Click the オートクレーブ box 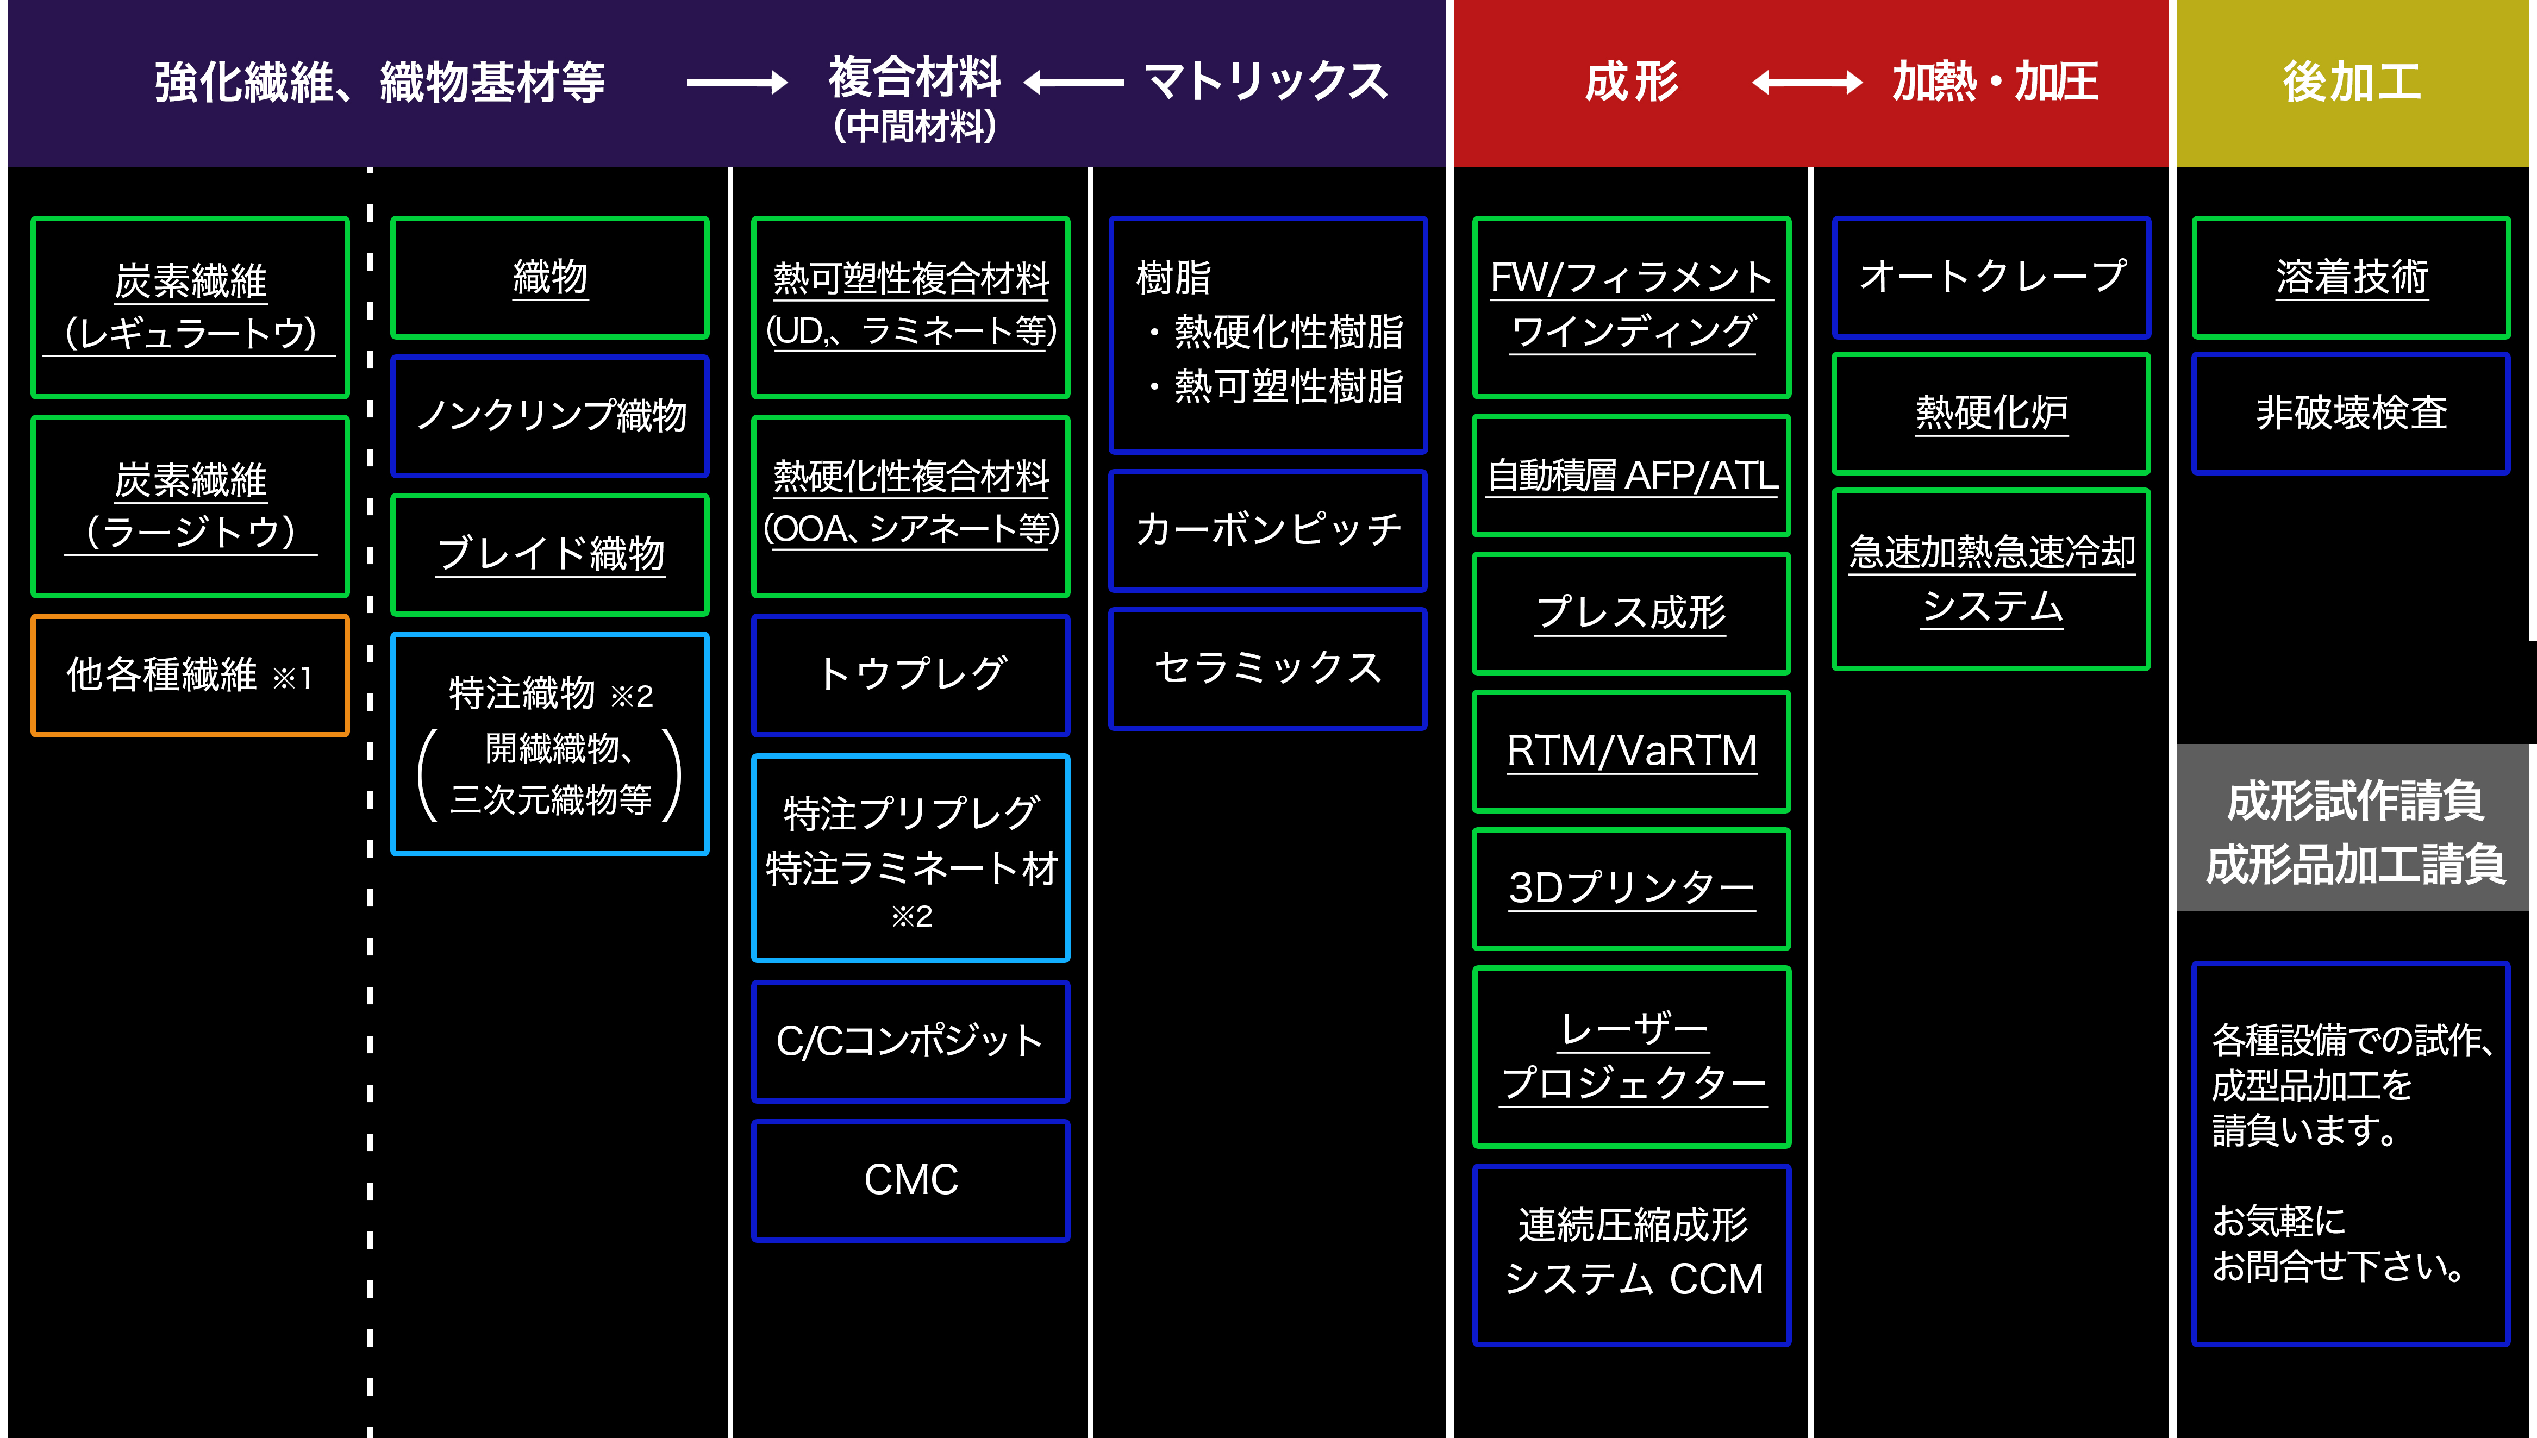pos(1991,277)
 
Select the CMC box pos(910,1180)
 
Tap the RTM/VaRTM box pos(1632,751)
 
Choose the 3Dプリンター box pos(1632,888)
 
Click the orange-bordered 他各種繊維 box pos(190,676)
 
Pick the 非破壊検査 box pos(2351,413)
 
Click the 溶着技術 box pos(2351,277)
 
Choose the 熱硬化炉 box pos(1991,413)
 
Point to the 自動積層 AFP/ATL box pos(1632,475)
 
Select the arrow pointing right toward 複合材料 pos(737,83)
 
